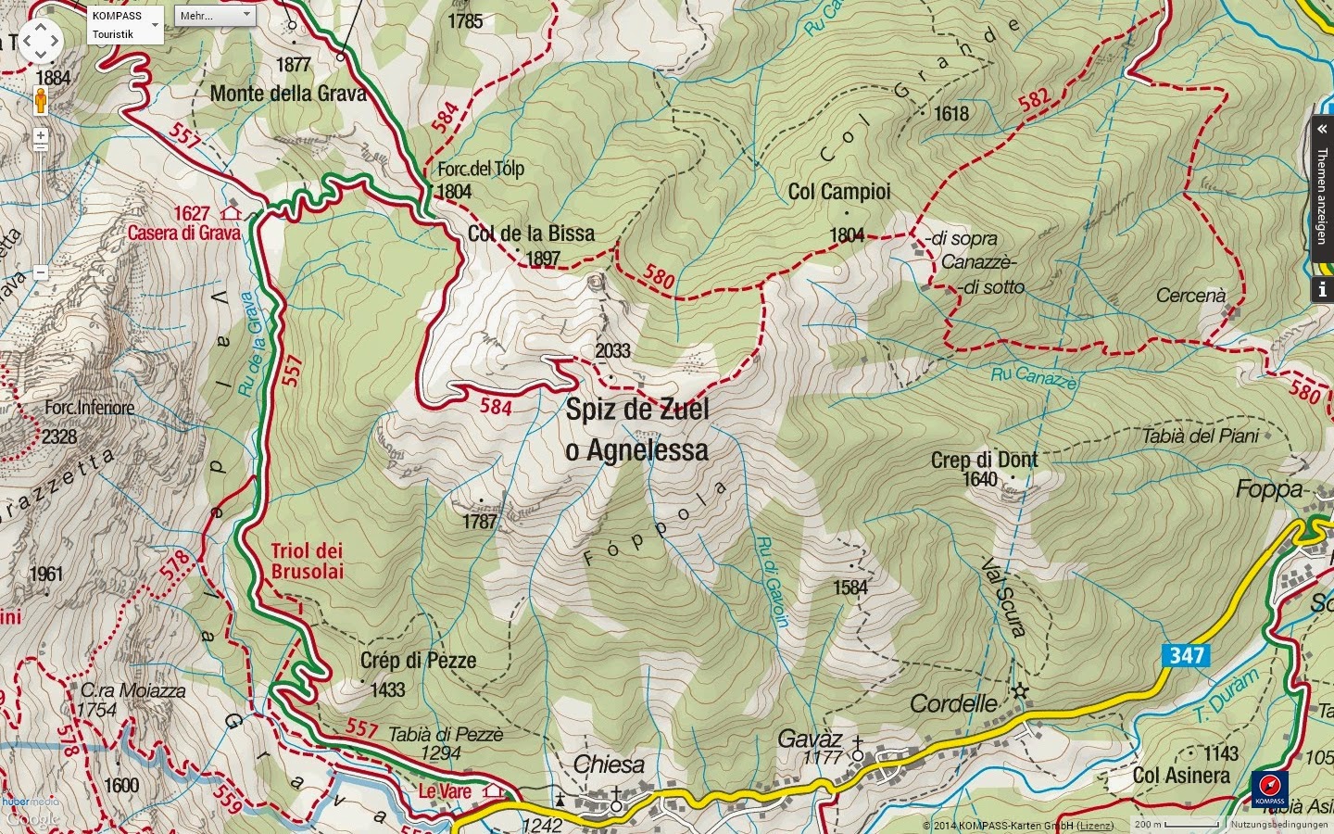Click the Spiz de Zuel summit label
[637, 410]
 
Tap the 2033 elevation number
[612, 351]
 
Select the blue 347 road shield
[1186, 656]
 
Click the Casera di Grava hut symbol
[231, 213]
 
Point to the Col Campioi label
[839, 192]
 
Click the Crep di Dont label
[984, 460]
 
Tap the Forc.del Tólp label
[481, 169]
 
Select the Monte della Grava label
[288, 94]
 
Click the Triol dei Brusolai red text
[307, 562]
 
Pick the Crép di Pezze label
[418, 661]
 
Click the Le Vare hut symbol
[494, 791]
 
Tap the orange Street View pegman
[40, 100]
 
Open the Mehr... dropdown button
[216, 16]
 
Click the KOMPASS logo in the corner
[1269, 790]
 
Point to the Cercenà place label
[1190, 296]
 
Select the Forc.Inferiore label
[90, 408]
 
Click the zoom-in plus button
[41, 135]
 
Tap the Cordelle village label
[954, 703]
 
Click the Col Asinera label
[1181, 776]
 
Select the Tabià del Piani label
[1201, 436]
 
